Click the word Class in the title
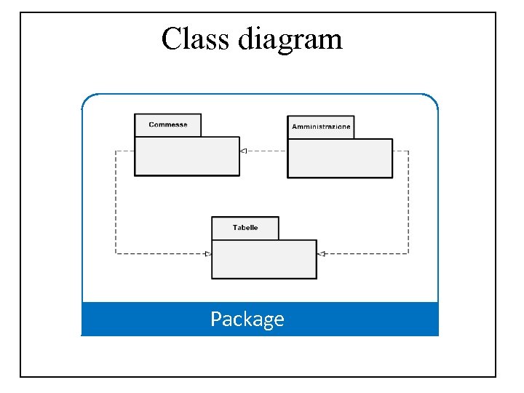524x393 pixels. [196, 39]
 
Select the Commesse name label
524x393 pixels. [168, 124]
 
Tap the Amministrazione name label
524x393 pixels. [321, 127]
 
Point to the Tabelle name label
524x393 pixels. [245, 228]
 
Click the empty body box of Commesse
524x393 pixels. [187, 156]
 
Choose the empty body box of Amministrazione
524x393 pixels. [340, 158]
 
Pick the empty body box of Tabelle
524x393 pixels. [264, 259]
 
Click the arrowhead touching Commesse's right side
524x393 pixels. [244, 151]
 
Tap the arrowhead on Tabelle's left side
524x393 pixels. [207, 253]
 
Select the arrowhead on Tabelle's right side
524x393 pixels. [321, 253]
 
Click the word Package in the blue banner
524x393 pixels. [247, 319]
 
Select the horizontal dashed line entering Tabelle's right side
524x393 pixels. [364, 253]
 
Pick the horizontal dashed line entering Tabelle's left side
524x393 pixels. [160, 253]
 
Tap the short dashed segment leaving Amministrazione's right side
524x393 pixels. [400, 151]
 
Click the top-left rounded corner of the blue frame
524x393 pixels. [87, 99]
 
